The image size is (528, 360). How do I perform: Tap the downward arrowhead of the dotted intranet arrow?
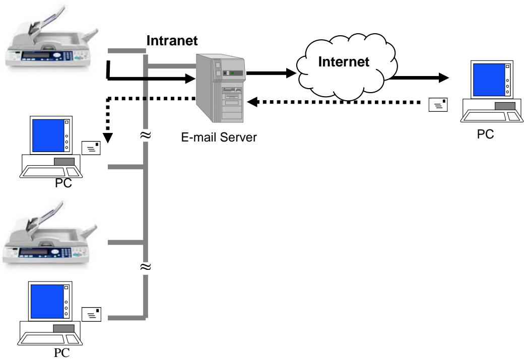[x=107, y=137]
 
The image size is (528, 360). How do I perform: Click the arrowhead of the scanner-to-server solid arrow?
[x=190, y=78]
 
